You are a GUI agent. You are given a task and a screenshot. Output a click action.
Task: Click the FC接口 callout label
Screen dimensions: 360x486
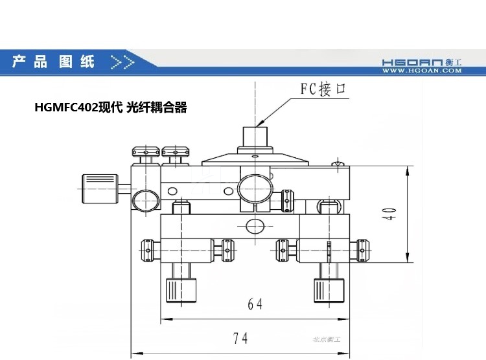pyautogui.click(x=324, y=89)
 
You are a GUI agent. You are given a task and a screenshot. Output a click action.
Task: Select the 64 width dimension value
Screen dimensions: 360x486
pyautogui.click(x=255, y=303)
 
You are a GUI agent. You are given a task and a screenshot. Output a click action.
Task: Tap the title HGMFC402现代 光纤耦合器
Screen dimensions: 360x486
pyautogui.click(x=111, y=108)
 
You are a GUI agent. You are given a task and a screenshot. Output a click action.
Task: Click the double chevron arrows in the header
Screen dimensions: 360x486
pyautogui.click(x=122, y=62)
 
